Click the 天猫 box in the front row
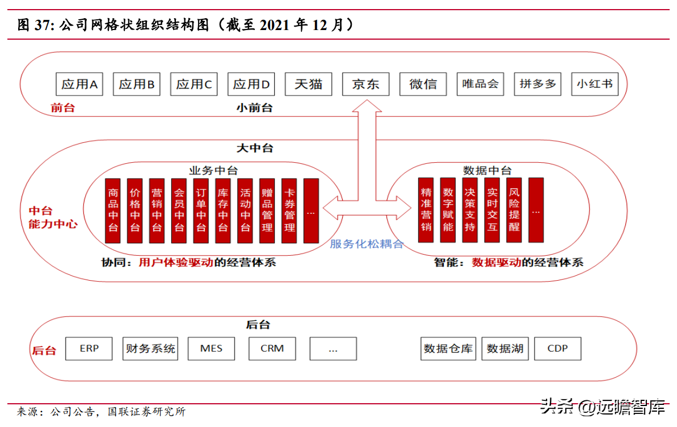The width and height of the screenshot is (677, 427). pyautogui.click(x=308, y=84)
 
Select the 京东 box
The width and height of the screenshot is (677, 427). pyautogui.click(x=365, y=84)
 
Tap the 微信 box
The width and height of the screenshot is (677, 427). pyautogui.click(x=423, y=84)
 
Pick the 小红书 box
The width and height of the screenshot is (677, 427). pyautogui.click(x=594, y=84)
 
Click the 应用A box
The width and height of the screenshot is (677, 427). pyautogui.click(x=79, y=84)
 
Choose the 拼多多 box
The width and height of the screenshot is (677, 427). pyautogui.click(x=537, y=84)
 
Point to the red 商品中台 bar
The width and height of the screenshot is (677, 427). pyautogui.click(x=113, y=210)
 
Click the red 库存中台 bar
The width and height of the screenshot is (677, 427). pyautogui.click(x=223, y=210)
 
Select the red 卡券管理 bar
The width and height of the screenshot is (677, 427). pyautogui.click(x=289, y=210)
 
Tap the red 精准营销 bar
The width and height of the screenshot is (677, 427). pyautogui.click(x=426, y=210)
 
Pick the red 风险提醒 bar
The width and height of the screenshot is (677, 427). pyautogui.click(x=514, y=210)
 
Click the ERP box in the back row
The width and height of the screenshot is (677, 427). pyautogui.click(x=89, y=349)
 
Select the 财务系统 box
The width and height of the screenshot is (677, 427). pyautogui.click(x=150, y=349)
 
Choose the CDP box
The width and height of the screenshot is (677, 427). pyautogui.click(x=557, y=349)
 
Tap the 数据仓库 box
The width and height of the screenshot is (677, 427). pyautogui.click(x=448, y=349)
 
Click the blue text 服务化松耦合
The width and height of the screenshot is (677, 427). pyautogui.click(x=367, y=244)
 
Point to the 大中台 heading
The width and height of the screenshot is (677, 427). pyautogui.click(x=255, y=148)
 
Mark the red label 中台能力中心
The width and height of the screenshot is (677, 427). pyautogui.click(x=52, y=217)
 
